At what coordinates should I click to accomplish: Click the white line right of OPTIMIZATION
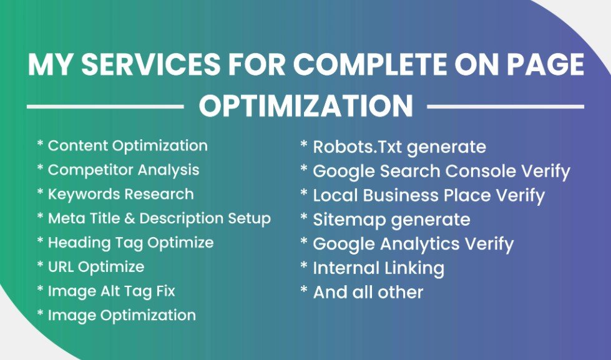click(x=505, y=107)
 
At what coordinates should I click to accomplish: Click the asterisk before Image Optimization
click(x=41, y=314)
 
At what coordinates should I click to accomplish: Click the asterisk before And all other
click(x=304, y=291)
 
